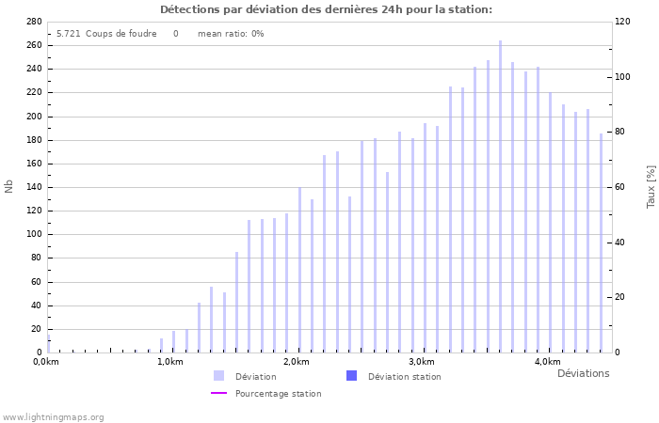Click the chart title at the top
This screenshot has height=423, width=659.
coord(326,9)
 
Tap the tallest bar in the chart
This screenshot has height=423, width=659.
coord(500,196)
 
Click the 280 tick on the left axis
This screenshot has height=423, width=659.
coord(34,22)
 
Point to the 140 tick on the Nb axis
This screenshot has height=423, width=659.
coord(34,187)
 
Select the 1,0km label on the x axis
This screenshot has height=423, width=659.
coord(170,362)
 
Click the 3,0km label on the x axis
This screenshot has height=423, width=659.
coord(422,362)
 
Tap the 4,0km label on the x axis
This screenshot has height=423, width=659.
coord(547,362)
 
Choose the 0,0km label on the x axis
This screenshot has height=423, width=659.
coord(45,362)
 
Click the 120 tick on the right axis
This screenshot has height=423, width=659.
coord(622,22)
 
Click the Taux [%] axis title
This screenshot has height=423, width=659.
coord(651,187)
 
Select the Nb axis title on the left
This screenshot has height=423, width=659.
coord(9,187)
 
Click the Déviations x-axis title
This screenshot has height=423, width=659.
coord(583,373)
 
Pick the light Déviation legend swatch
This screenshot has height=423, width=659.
coord(219,376)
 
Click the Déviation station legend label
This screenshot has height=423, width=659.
coord(404,377)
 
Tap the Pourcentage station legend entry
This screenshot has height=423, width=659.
coord(278,394)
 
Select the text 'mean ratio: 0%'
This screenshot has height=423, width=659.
coord(231,34)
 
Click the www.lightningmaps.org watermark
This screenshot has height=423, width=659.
coord(53,417)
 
